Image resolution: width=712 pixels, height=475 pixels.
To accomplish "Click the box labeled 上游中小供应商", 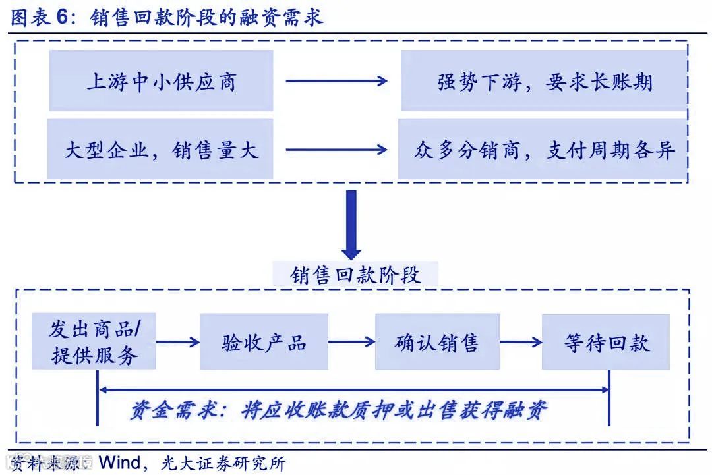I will pyautogui.click(x=161, y=81).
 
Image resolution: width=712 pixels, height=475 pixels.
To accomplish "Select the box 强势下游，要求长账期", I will pyautogui.click(x=545, y=81).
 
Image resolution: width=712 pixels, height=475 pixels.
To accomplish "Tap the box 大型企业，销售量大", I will pyautogui.click(x=160, y=150).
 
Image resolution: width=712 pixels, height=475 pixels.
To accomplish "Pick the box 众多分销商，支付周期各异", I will pyautogui.click(x=544, y=150).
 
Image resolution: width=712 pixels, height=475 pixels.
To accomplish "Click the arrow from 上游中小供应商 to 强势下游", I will pyautogui.click(x=336, y=81).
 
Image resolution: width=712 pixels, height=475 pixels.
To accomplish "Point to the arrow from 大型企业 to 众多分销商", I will pyautogui.click(x=336, y=150).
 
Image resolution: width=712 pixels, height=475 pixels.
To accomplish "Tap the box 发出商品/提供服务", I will pyautogui.click(x=94, y=341).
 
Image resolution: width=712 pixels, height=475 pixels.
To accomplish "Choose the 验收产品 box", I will pyautogui.click(x=264, y=342).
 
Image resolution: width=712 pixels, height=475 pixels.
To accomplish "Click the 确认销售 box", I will pyautogui.click(x=437, y=342).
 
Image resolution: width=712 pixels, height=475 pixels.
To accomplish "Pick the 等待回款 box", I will pyautogui.click(x=606, y=342).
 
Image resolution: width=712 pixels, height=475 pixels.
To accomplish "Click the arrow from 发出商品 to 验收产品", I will pyautogui.click(x=178, y=342).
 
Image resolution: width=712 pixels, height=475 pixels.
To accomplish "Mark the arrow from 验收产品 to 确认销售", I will pyautogui.click(x=351, y=342).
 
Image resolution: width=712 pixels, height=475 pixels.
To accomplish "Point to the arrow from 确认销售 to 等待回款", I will pyautogui.click(x=521, y=342).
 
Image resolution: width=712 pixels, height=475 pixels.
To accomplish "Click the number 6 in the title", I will pyautogui.click(x=62, y=18).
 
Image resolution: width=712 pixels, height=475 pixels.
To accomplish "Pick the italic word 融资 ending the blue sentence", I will pyautogui.click(x=526, y=410).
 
